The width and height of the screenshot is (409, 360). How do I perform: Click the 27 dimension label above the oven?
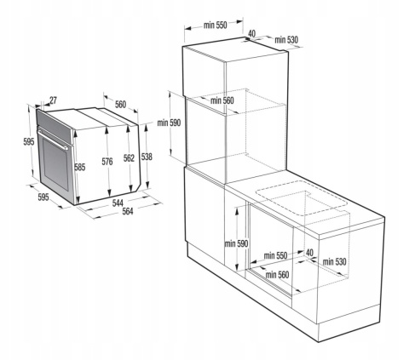(53, 100)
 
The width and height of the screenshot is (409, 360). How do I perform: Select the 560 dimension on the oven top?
(120, 105)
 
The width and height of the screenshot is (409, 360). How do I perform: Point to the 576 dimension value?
(108, 161)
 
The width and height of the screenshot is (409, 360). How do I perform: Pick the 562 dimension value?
(129, 157)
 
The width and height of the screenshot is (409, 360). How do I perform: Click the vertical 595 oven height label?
(28, 142)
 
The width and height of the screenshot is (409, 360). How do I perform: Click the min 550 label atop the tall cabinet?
(215, 26)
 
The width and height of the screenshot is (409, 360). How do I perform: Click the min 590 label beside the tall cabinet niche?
(170, 123)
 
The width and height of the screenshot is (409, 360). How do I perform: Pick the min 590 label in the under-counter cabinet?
(235, 243)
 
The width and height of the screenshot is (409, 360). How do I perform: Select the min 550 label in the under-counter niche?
(274, 254)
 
